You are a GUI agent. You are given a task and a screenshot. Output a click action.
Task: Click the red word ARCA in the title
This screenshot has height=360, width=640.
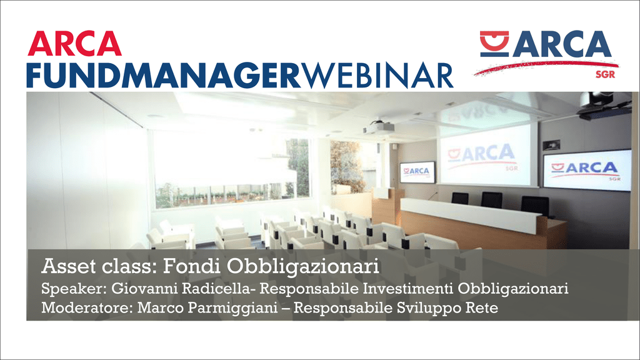75,43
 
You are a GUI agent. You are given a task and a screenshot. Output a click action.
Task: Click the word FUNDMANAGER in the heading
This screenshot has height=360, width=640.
164,75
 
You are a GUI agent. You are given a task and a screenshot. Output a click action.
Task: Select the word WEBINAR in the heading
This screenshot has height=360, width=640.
377,75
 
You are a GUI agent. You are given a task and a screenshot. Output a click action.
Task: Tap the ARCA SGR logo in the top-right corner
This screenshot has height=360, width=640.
546,54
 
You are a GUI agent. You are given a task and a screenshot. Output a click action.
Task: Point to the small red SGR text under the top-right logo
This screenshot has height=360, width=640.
605,74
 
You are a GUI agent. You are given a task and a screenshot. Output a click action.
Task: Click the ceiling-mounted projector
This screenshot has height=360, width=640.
378,128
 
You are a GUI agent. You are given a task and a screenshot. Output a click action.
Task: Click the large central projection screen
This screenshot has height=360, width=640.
485,155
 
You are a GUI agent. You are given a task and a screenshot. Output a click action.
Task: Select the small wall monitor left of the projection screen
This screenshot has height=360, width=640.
417,172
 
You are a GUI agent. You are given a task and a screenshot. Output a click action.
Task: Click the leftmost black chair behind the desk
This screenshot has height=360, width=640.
460,198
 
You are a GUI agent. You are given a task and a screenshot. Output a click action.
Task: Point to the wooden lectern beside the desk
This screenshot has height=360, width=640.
387,205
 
